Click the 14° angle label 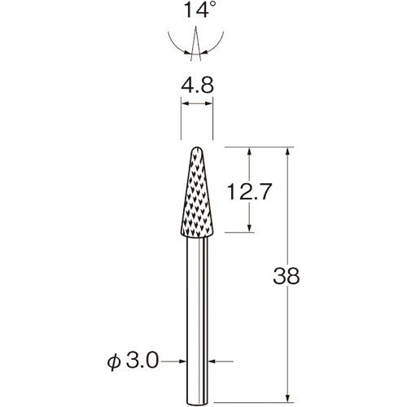(x=200, y=9)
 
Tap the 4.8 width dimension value (x=197, y=85)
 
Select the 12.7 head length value (x=249, y=191)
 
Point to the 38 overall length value (x=287, y=276)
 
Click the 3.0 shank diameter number (x=142, y=361)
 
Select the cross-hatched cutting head (x=197, y=192)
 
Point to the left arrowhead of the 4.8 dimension (x=185, y=103)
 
